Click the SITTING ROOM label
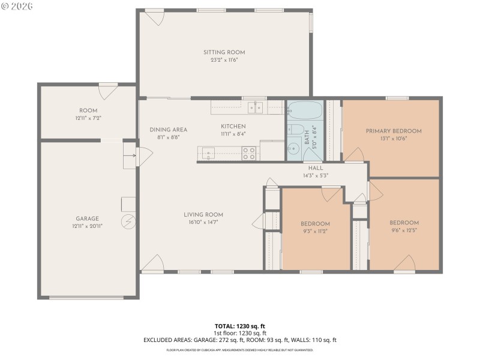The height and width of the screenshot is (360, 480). (224, 53)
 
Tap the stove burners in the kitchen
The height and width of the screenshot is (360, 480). (249, 153)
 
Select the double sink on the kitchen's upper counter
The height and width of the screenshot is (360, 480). (256, 108)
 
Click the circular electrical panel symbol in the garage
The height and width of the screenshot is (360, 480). (128, 222)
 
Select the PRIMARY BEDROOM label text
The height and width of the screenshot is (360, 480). (394, 131)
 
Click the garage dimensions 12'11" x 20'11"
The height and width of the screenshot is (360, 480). (87, 226)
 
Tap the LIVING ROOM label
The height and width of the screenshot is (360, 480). (203, 214)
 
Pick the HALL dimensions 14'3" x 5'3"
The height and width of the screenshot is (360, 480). (316, 176)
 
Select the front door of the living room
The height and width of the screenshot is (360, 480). (152, 263)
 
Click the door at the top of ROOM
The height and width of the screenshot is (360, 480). (108, 92)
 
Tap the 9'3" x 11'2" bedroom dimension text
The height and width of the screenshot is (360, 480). (315, 231)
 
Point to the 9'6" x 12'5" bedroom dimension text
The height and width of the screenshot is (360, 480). (404, 230)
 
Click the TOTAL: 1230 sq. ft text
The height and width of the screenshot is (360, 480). (240, 326)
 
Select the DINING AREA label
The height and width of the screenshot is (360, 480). (169, 130)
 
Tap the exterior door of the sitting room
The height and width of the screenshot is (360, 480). (155, 17)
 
